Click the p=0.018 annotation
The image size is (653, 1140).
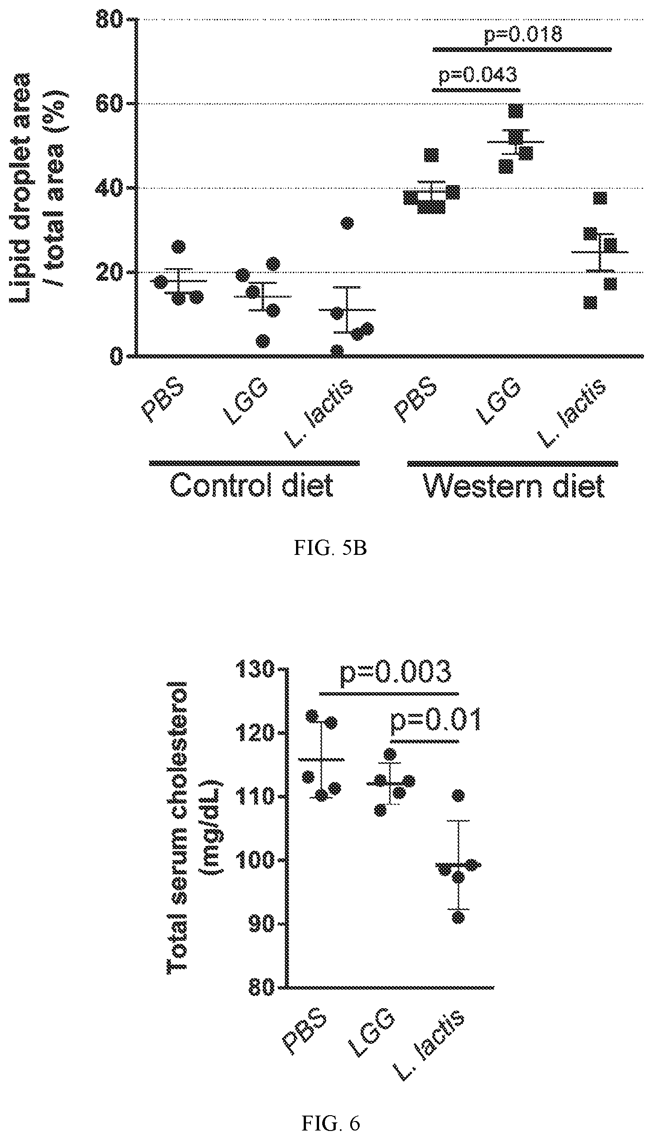click(523, 35)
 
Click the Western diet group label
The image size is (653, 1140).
click(514, 487)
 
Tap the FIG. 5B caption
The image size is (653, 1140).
click(331, 549)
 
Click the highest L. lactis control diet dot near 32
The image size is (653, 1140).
click(347, 223)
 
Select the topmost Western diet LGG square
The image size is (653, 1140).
click(515, 111)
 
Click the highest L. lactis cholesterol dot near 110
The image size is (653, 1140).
click(458, 795)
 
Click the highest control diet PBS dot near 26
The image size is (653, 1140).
click(179, 247)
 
